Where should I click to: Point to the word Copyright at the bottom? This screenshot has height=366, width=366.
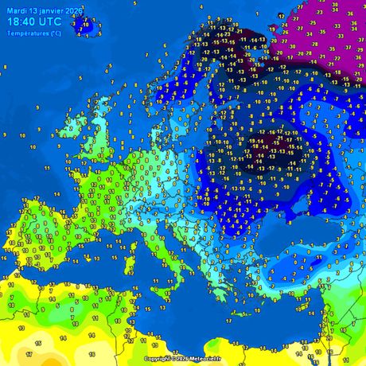point(159,359)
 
